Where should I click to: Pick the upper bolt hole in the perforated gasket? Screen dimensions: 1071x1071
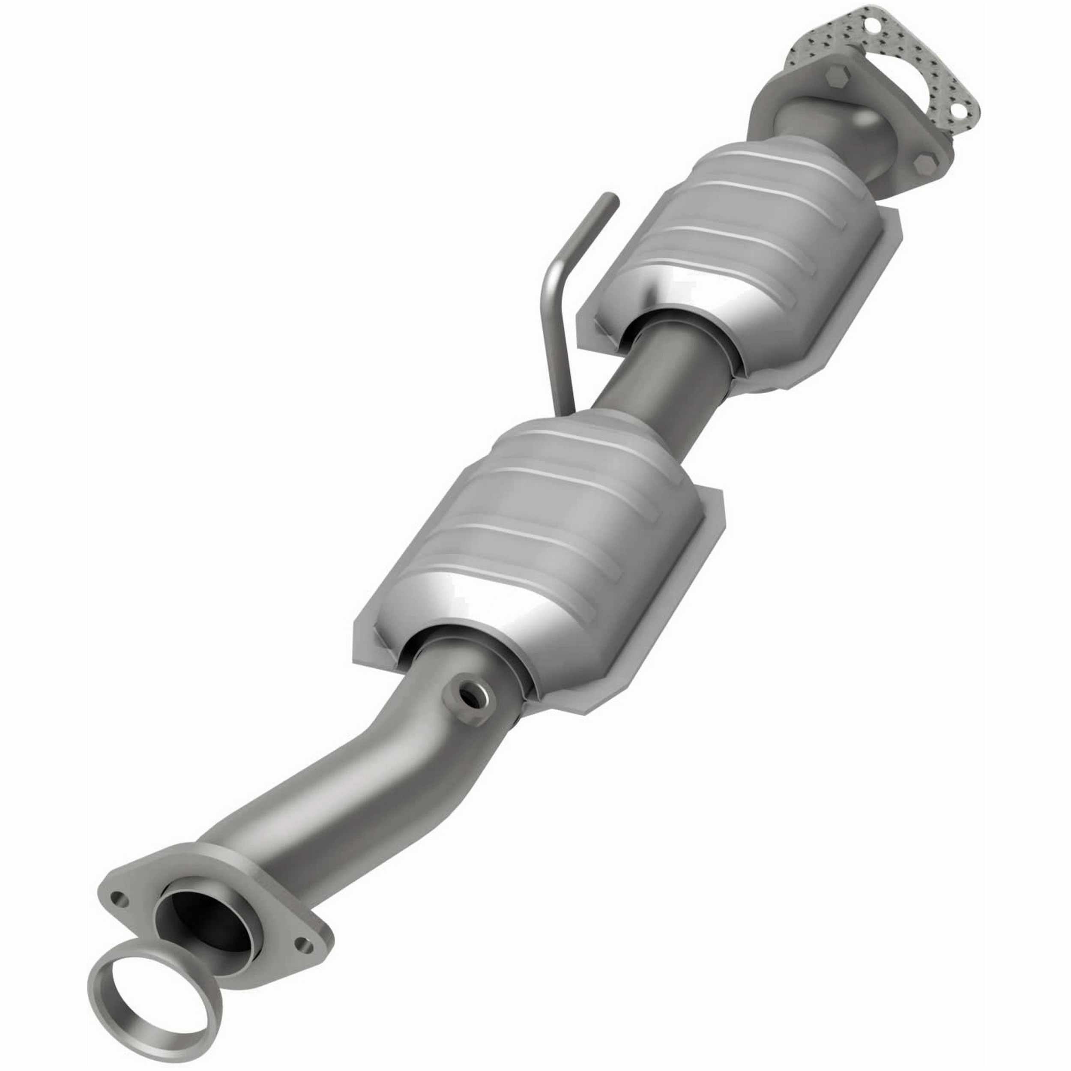click(x=875, y=26)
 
